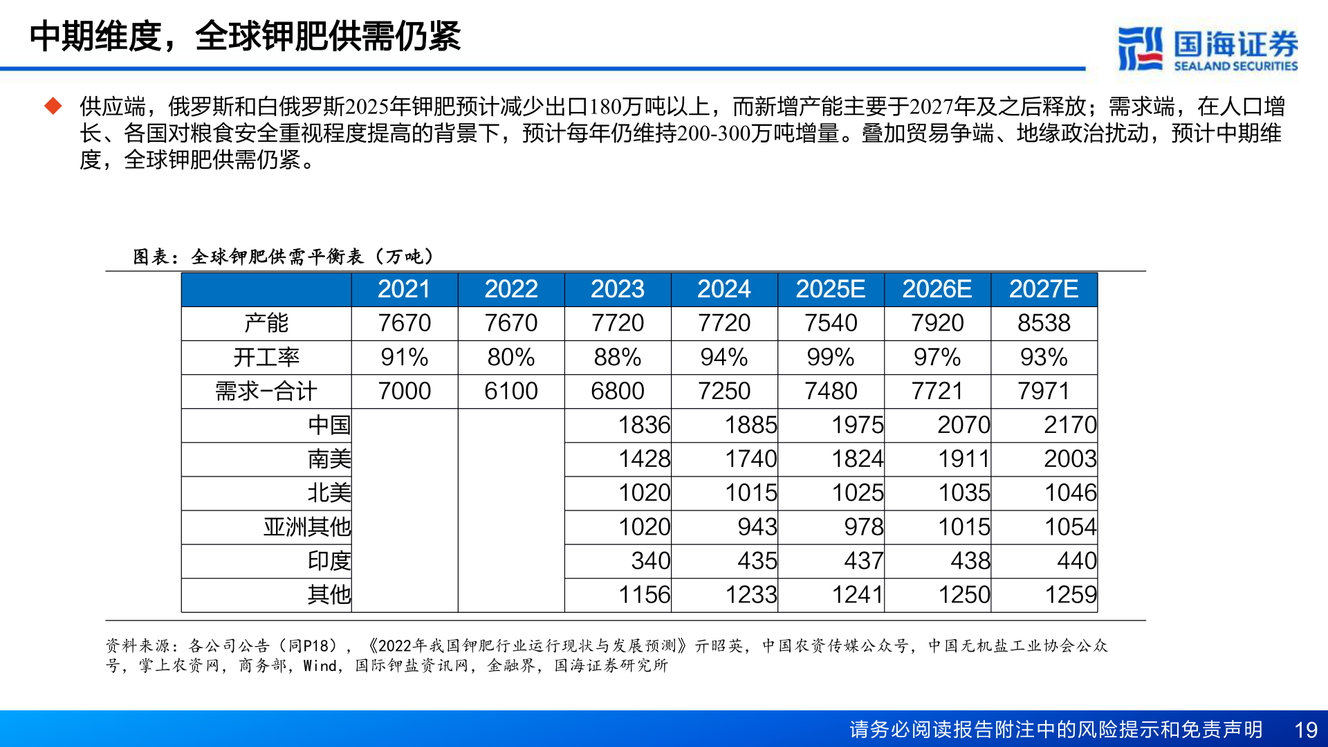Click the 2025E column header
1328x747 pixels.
(x=830, y=289)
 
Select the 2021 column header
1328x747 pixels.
(x=404, y=289)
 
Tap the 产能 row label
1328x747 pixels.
(x=266, y=323)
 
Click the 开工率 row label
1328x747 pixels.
(x=266, y=357)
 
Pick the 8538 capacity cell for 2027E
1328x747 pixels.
(x=1044, y=323)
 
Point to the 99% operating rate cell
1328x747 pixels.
(x=830, y=357)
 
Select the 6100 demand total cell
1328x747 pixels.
(x=510, y=391)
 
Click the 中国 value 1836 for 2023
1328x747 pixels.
(x=644, y=425)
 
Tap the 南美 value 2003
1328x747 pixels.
(x=1070, y=459)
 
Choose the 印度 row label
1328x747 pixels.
(x=329, y=560)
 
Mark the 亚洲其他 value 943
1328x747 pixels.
(x=757, y=526)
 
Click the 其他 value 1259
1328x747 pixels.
(x=1070, y=594)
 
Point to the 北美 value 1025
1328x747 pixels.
(x=858, y=492)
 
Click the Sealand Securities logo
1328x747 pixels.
(x=1208, y=48)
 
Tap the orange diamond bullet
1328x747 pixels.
(x=53, y=107)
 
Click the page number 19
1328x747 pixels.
(x=1305, y=730)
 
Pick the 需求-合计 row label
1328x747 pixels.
(x=266, y=391)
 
